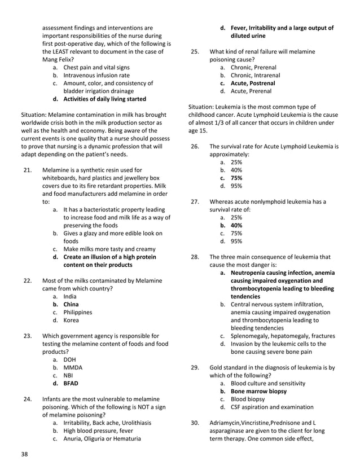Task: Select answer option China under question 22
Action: [71, 304]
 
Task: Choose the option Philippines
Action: [78, 312]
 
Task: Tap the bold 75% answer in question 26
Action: [236, 177]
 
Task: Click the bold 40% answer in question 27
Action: [236, 225]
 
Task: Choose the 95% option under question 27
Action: [236, 241]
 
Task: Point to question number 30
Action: [195, 423]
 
